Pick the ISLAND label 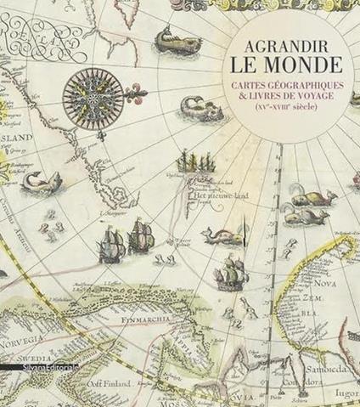click(16, 144)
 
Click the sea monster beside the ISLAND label click(42, 181)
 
